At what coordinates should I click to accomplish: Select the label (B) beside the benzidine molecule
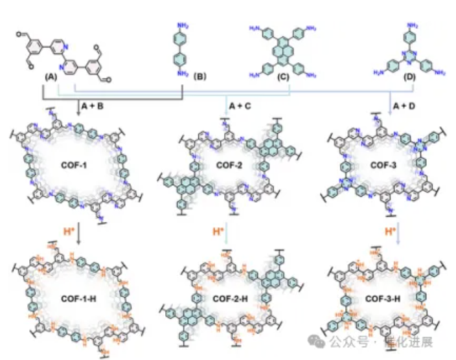(x=199, y=77)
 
